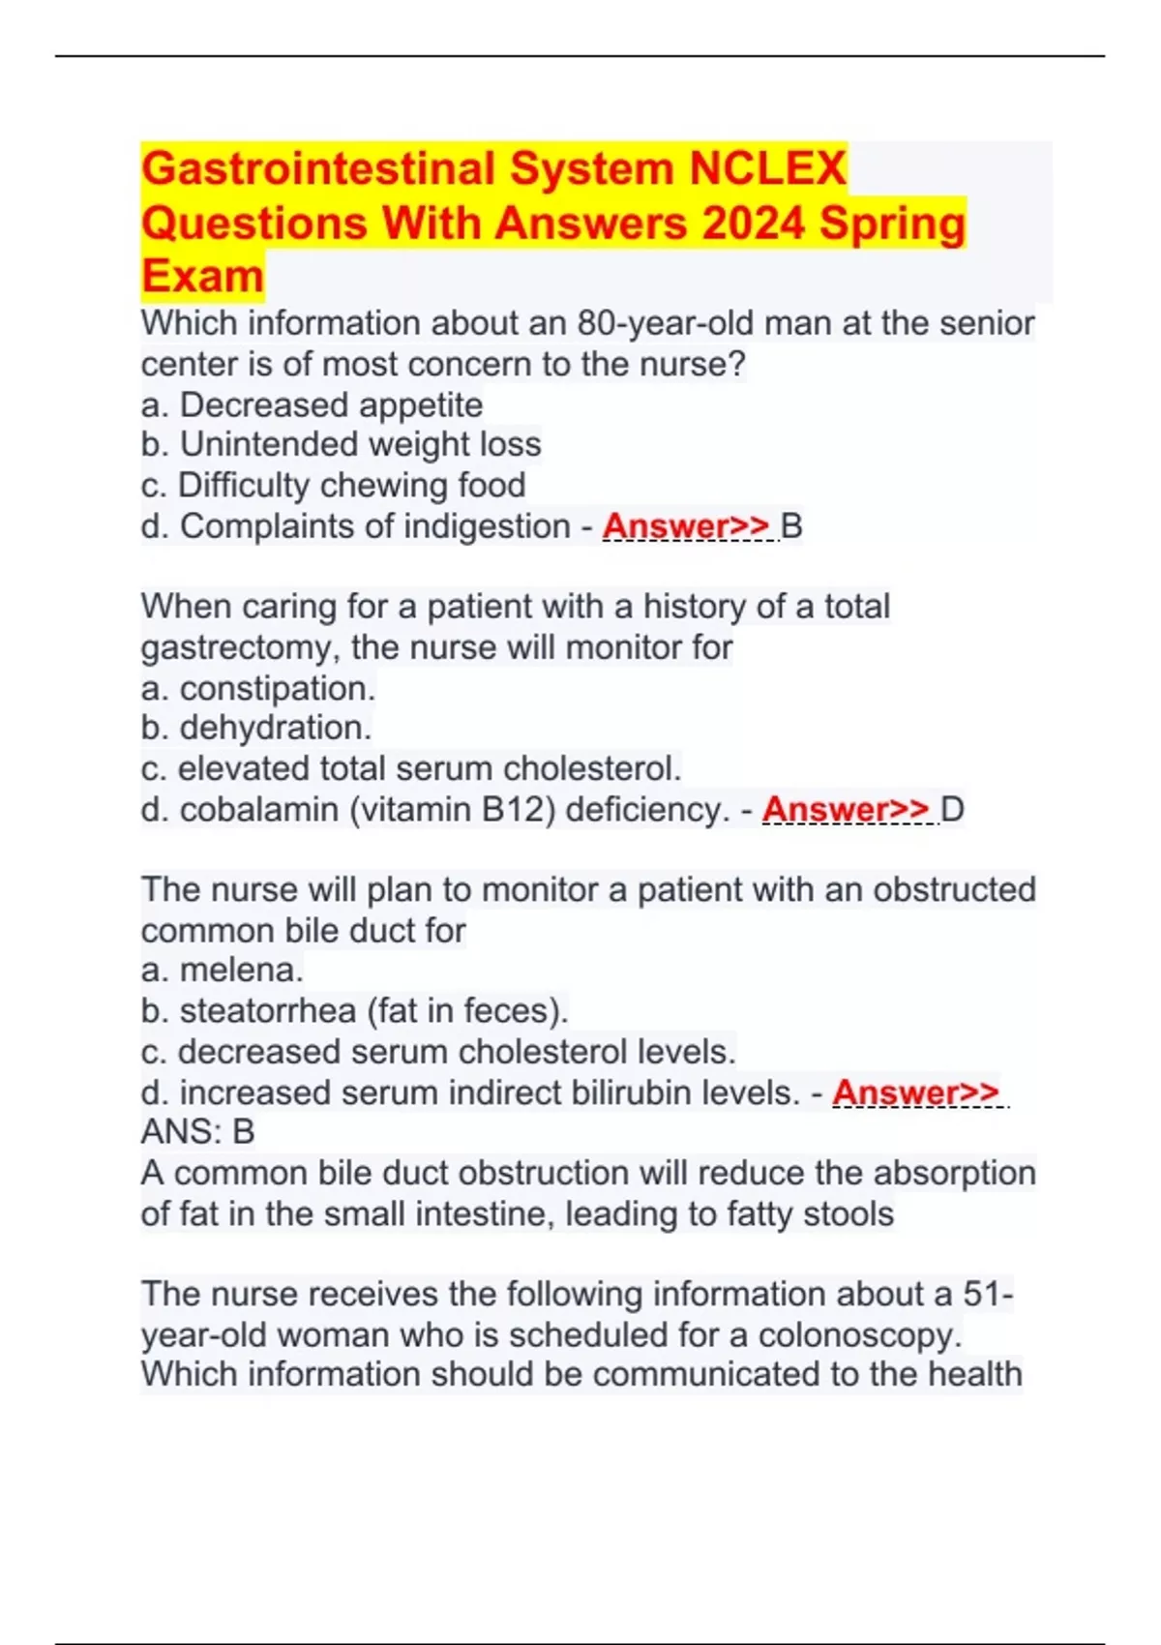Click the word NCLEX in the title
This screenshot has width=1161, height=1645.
[767, 168]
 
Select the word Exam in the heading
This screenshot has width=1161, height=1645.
[202, 277]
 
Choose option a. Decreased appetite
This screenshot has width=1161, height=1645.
[312, 404]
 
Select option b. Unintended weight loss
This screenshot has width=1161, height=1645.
[341, 444]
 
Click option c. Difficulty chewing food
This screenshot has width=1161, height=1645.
[333, 485]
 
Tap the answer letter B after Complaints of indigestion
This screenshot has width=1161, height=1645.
[791, 526]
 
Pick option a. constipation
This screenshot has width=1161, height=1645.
[257, 689]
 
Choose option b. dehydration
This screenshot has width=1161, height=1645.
[256, 728]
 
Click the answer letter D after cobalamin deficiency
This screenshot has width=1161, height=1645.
[953, 810]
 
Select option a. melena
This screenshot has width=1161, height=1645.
[223, 970]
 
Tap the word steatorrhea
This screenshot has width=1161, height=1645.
[268, 1011]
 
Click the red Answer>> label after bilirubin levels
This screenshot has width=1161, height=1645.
[915, 1092]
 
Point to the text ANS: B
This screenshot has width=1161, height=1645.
[197, 1131]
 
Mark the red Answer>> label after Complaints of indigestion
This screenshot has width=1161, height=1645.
[686, 526]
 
